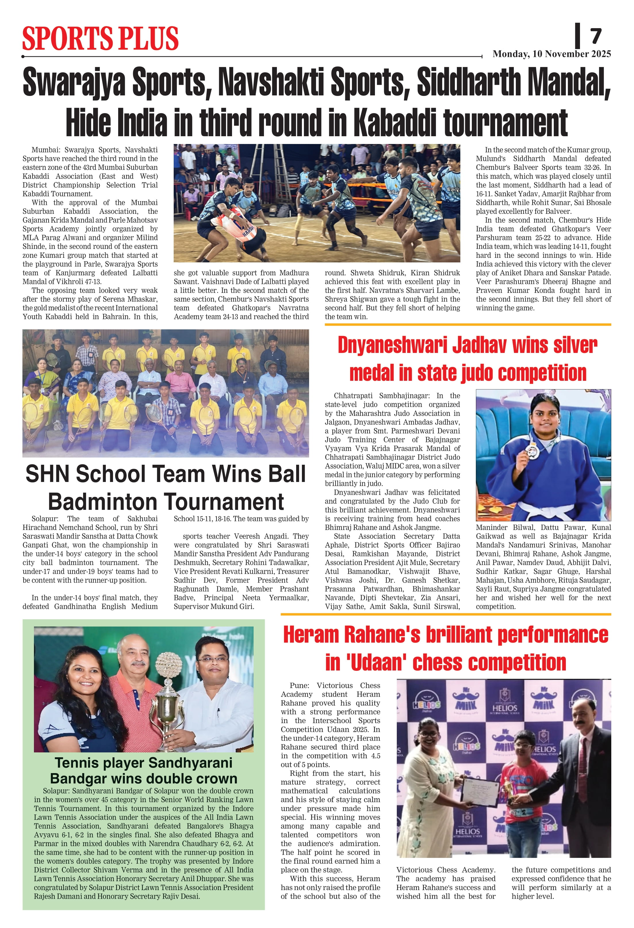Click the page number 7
point(596,36)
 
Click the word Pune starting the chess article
point(299,686)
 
